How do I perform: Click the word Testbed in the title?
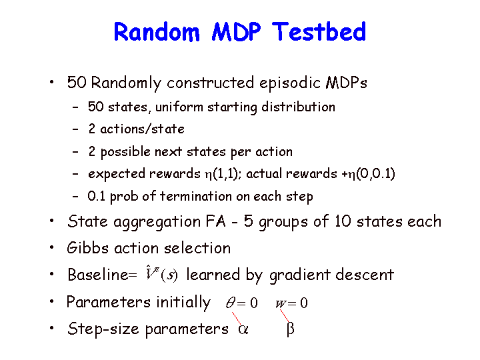[x=319, y=31]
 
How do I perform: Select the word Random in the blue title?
[x=157, y=31]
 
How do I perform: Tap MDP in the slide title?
[x=236, y=31]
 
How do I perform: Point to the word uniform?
[x=179, y=107]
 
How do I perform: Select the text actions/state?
[x=143, y=129]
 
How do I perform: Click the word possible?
[x=125, y=152]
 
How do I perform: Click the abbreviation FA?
[x=215, y=221]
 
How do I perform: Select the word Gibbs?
[x=88, y=247]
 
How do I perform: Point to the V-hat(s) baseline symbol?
[x=161, y=273]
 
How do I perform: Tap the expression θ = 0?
[x=242, y=303]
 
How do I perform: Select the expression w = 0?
[x=291, y=303]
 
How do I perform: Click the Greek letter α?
[x=243, y=329]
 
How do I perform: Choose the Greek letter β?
[x=291, y=329]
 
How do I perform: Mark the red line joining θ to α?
[x=236, y=318]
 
